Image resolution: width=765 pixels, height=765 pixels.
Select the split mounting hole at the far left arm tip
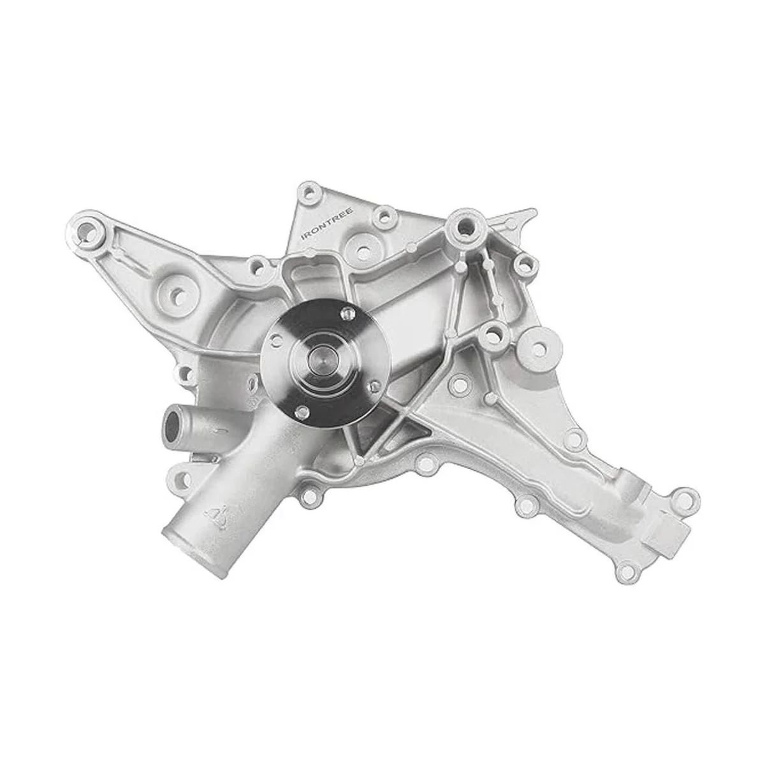[x=87, y=229]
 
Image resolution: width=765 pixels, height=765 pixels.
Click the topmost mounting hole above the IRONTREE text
[x=310, y=193]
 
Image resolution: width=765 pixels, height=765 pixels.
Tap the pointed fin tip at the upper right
[x=534, y=211]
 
